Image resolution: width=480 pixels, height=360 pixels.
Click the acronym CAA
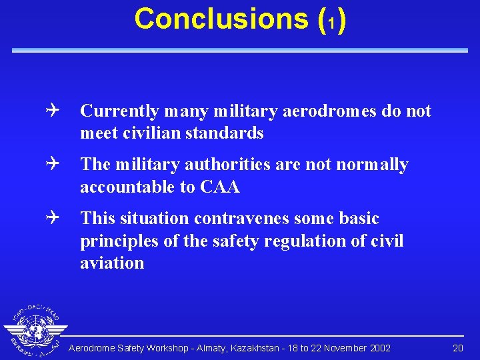(x=219, y=187)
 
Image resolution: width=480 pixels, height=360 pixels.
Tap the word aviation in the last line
(x=111, y=263)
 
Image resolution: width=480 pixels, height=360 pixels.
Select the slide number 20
(x=457, y=348)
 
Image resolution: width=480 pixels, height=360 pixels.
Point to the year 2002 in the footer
(x=379, y=348)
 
